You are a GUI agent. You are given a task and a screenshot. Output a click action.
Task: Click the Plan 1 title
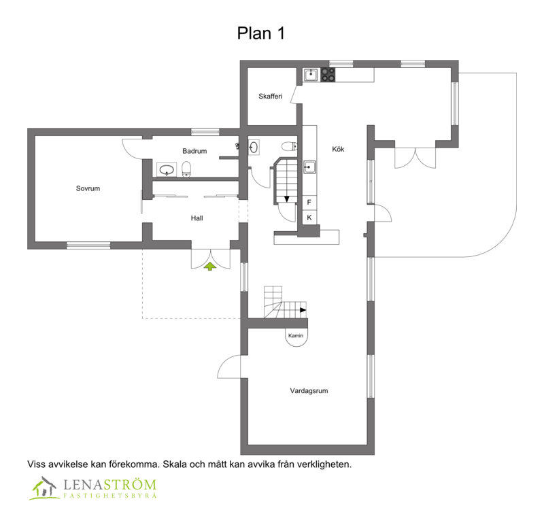click(261, 33)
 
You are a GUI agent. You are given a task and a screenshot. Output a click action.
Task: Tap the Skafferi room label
click(270, 96)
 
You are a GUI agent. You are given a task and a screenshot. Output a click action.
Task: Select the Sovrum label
click(88, 188)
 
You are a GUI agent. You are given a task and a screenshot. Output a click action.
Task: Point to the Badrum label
click(194, 151)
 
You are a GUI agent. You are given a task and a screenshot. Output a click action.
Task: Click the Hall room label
click(197, 218)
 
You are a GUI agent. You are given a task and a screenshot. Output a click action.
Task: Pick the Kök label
click(338, 149)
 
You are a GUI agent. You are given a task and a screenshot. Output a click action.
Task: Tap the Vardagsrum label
click(309, 390)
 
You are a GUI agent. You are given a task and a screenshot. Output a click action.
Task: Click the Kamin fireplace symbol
click(296, 337)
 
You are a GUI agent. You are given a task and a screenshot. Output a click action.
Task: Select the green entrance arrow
click(210, 266)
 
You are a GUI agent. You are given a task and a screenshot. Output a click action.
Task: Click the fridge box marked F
click(309, 203)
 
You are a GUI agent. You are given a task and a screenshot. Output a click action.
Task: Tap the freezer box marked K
click(309, 218)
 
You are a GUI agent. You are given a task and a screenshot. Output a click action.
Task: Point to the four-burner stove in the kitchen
click(328, 75)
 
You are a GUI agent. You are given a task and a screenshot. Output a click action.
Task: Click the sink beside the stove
click(311, 75)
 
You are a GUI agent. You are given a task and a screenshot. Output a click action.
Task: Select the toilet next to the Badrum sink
click(186, 169)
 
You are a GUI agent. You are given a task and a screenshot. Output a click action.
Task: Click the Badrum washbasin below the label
click(167, 169)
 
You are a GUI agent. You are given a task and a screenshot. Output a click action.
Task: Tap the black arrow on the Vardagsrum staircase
click(303, 310)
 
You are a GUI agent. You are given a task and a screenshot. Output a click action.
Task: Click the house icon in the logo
click(44, 488)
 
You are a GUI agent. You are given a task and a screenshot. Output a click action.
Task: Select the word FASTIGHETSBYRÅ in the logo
click(110, 496)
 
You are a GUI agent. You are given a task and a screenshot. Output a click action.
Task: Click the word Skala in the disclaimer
click(175, 464)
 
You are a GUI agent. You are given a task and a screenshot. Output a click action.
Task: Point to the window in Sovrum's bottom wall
click(88, 245)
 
